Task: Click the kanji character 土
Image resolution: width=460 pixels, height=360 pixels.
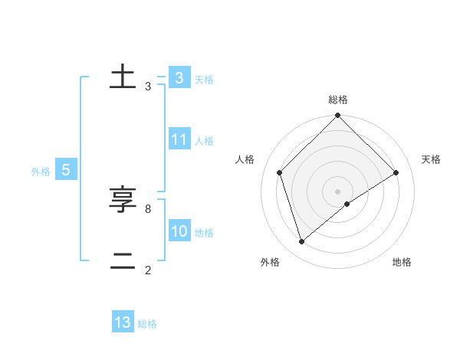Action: tap(123, 77)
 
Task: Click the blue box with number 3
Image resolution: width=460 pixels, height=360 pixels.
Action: tap(179, 77)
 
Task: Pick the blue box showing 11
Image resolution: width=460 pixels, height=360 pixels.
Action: tap(179, 139)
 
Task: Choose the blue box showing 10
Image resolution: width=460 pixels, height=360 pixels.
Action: tap(179, 231)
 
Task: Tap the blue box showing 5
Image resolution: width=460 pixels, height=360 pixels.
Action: tap(66, 171)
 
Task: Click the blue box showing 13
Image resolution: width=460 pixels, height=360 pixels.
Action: tap(123, 322)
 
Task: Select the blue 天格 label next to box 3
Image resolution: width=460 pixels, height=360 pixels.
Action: tap(204, 79)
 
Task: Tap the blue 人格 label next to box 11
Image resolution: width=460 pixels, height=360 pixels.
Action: tap(204, 141)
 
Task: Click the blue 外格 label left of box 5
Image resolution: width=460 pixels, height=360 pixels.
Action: tap(41, 172)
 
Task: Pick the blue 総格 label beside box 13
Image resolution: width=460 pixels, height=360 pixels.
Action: tap(147, 324)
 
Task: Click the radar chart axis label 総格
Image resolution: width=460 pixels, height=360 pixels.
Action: tap(338, 100)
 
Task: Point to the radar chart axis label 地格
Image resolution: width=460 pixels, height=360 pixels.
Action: tap(402, 262)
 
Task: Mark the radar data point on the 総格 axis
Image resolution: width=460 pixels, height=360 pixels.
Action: tap(338, 116)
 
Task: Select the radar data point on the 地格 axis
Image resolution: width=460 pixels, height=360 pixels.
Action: tap(347, 204)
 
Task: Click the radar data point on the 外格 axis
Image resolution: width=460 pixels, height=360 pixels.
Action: tap(302, 242)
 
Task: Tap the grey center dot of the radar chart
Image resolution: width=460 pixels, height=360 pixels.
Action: tap(338, 191)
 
